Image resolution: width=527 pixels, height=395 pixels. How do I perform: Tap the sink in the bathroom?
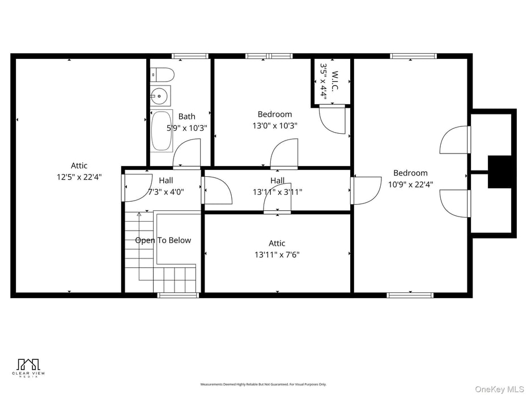click(160, 96)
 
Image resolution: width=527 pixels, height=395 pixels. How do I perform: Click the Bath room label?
click(186, 117)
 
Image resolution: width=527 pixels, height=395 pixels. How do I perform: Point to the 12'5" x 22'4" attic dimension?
click(79, 177)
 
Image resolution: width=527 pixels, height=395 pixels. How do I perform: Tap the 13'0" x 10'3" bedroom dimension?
click(275, 126)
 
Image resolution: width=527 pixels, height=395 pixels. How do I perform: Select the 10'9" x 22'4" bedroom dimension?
click(410, 184)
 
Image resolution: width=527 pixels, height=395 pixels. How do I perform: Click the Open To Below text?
click(163, 240)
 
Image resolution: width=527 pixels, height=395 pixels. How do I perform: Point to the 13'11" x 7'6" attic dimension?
click(277, 254)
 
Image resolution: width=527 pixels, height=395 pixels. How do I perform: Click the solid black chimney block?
click(500, 172)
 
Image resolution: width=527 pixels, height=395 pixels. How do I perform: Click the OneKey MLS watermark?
click(499, 389)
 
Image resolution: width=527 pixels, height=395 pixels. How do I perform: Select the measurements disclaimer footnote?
click(263, 384)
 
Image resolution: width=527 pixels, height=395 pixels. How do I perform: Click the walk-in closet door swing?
click(332, 120)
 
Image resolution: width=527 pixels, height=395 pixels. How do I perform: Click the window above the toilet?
click(190, 56)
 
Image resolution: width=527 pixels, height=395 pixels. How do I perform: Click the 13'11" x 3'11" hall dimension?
click(277, 192)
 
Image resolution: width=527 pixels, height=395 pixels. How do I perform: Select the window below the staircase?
click(177, 295)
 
